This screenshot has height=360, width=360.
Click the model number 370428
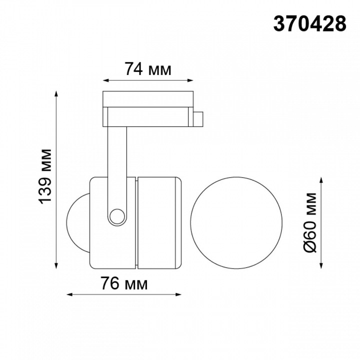[309, 23]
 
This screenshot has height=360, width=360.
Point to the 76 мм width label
[124, 284]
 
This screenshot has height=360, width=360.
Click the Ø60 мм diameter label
[310, 221]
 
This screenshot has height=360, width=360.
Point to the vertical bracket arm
[117, 165]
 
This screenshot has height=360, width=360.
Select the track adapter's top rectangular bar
[148, 98]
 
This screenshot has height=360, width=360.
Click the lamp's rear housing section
[157, 221]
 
